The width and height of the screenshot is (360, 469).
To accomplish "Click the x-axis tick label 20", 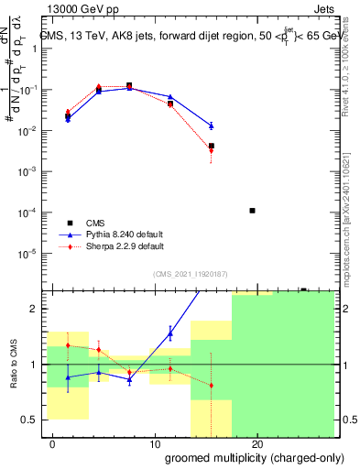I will pos(257,445).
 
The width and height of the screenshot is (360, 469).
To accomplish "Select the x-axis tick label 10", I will pos(155,445).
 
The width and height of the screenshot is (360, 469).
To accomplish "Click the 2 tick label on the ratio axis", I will pos(37,309).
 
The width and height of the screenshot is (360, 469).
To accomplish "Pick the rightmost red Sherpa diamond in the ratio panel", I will pos(212,385).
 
